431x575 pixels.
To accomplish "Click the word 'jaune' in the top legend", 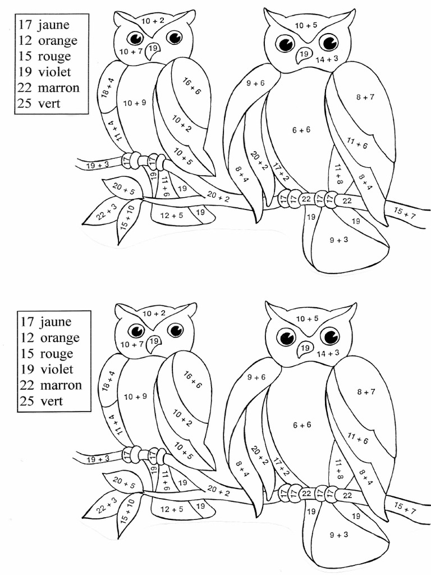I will pyautogui.click(x=54, y=25).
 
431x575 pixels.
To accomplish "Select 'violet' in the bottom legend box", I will pyautogui.click(x=56, y=369).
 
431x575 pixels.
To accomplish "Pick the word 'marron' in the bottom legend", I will pyautogui.click(x=61, y=385).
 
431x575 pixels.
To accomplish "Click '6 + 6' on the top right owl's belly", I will pyautogui.click(x=301, y=130).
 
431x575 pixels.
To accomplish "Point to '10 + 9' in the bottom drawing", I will pyautogui.click(x=135, y=397).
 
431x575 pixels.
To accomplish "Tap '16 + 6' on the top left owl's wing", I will pyautogui.click(x=191, y=87).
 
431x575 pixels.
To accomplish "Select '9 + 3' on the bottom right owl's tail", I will pyautogui.click(x=339, y=535).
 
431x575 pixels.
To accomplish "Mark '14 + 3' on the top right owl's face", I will pyautogui.click(x=327, y=59).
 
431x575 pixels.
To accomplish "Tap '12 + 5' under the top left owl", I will pyautogui.click(x=171, y=215).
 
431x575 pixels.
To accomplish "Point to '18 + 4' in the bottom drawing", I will pyautogui.click(x=107, y=381).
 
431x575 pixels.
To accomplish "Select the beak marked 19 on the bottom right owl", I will pyautogui.click(x=305, y=348).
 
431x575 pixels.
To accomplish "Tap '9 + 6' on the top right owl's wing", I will pyautogui.click(x=255, y=83).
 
